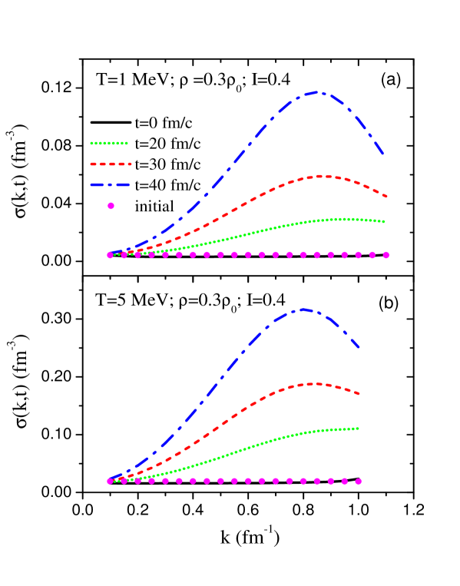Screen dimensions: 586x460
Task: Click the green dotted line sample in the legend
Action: click(109, 143)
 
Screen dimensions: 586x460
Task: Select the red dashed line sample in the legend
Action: click(111, 164)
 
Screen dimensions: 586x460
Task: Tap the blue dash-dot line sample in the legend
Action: click(110, 184)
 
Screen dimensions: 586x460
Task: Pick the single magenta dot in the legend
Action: click(111, 205)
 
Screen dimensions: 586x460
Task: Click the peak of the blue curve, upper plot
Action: click(316, 92)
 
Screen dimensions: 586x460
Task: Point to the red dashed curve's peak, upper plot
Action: click(323, 176)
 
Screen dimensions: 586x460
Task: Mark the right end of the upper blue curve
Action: click(382, 154)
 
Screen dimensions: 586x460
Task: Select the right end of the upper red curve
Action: click(386, 197)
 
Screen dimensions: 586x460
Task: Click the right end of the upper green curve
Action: click(384, 221)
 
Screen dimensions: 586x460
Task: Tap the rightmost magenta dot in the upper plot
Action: click(386, 255)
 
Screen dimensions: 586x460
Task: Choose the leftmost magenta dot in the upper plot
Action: click(110, 255)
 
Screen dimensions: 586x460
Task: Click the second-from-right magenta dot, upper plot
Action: click(372, 255)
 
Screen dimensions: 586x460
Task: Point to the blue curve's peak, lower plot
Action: click(304, 310)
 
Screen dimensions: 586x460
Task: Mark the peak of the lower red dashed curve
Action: click(313, 383)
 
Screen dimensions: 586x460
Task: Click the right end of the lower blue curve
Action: click(359, 348)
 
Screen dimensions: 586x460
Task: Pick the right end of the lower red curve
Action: click(359, 393)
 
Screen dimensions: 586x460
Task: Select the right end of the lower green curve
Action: click(358, 428)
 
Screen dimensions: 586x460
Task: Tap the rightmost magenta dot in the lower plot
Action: click(358, 482)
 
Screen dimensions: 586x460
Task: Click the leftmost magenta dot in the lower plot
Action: click(110, 481)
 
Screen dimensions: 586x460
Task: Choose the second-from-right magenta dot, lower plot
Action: click(344, 481)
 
